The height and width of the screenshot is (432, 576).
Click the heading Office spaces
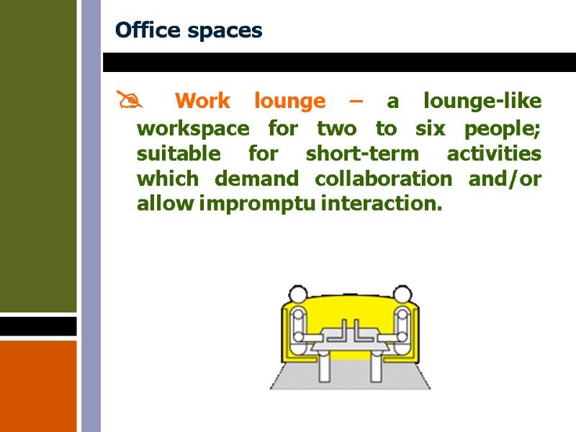(x=189, y=31)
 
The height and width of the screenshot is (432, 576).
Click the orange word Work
(x=202, y=101)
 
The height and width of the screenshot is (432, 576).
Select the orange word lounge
(x=289, y=101)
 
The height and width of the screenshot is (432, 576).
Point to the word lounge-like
(x=482, y=101)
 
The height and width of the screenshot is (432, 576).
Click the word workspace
(x=193, y=130)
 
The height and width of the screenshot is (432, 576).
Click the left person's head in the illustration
(x=297, y=294)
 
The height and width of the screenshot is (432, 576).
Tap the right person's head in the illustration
(x=401, y=294)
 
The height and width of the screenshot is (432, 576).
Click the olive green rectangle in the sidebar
(x=38, y=156)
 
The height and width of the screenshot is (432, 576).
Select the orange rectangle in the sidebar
(x=38, y=386)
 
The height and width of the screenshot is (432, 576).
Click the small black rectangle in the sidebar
(x=38, y=326)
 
